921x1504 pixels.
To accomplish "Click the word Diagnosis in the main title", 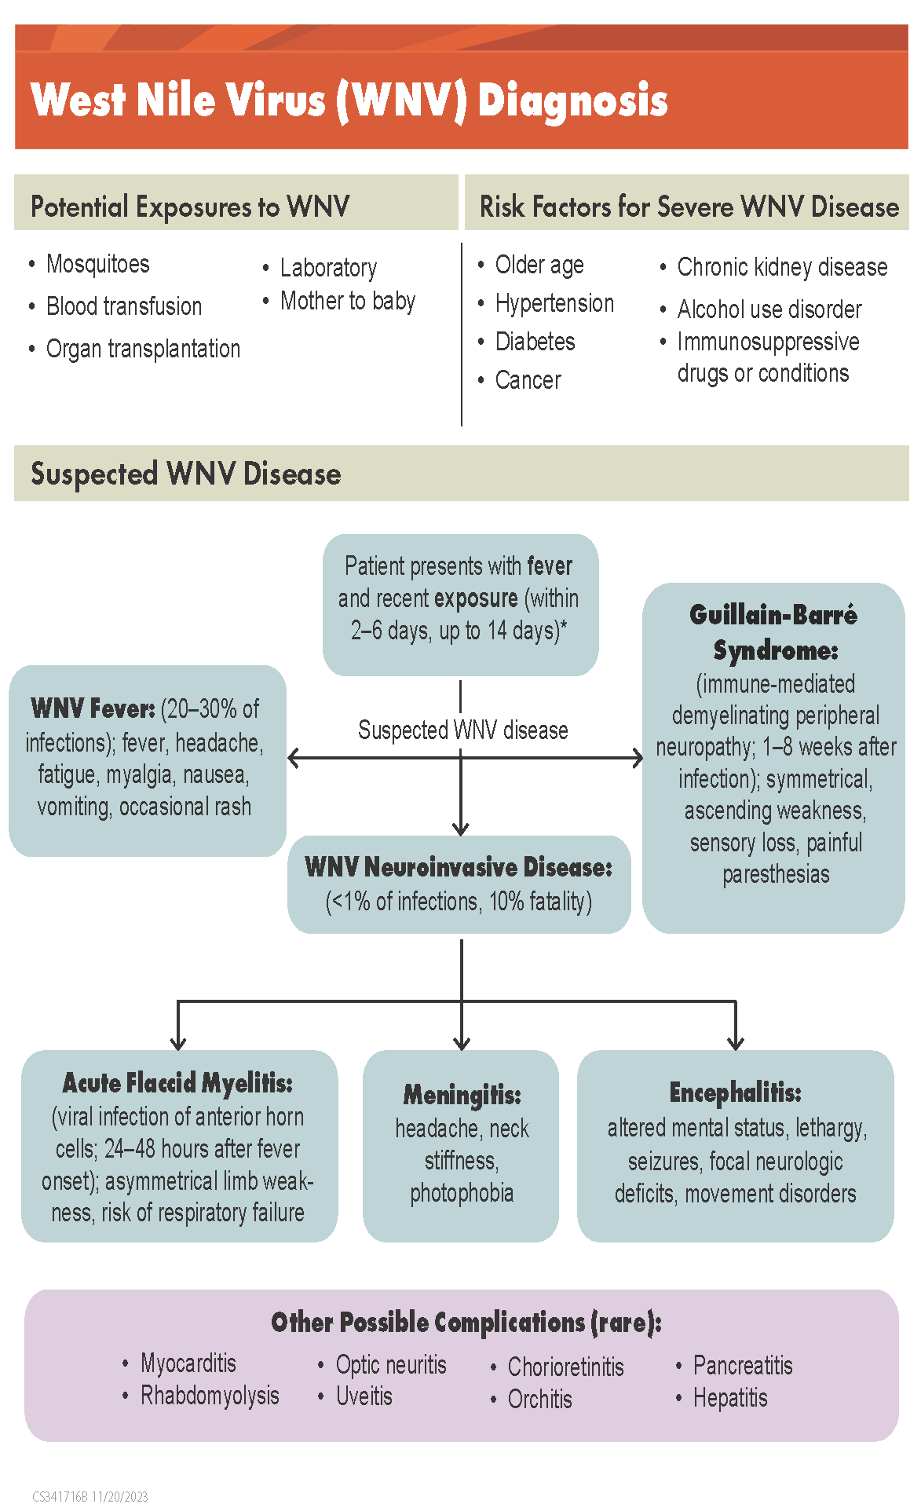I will click(572, 101).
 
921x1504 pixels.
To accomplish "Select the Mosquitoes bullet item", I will click(97, 264).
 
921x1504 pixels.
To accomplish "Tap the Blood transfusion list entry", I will click(124, 306).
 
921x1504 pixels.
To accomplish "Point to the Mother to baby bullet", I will click(347, 301).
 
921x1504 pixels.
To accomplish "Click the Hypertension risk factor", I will click(554, 303).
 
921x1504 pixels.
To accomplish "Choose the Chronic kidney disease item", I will click(782, 267).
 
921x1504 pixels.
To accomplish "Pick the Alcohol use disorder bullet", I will click(769, 309).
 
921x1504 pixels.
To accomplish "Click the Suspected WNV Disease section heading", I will click(185, 474).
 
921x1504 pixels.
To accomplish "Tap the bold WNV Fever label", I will click(93, 708).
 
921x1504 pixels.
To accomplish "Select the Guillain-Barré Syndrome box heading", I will click(774, 632).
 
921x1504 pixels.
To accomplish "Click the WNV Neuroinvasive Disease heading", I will click(459, 867).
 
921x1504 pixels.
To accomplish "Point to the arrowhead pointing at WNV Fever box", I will click(293, 758).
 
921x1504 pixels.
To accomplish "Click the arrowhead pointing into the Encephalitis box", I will click(736, 1043).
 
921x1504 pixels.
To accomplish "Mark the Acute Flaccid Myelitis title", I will click(177, 1083).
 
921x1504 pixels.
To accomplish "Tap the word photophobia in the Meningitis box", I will click(462, 1193).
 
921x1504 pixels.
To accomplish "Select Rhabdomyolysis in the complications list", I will click(210, 1396).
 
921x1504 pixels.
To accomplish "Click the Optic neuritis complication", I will click(391, 1365).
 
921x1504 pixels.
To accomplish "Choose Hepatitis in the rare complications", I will click(730, 1398).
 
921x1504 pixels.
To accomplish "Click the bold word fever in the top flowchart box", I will click(550, 566).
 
